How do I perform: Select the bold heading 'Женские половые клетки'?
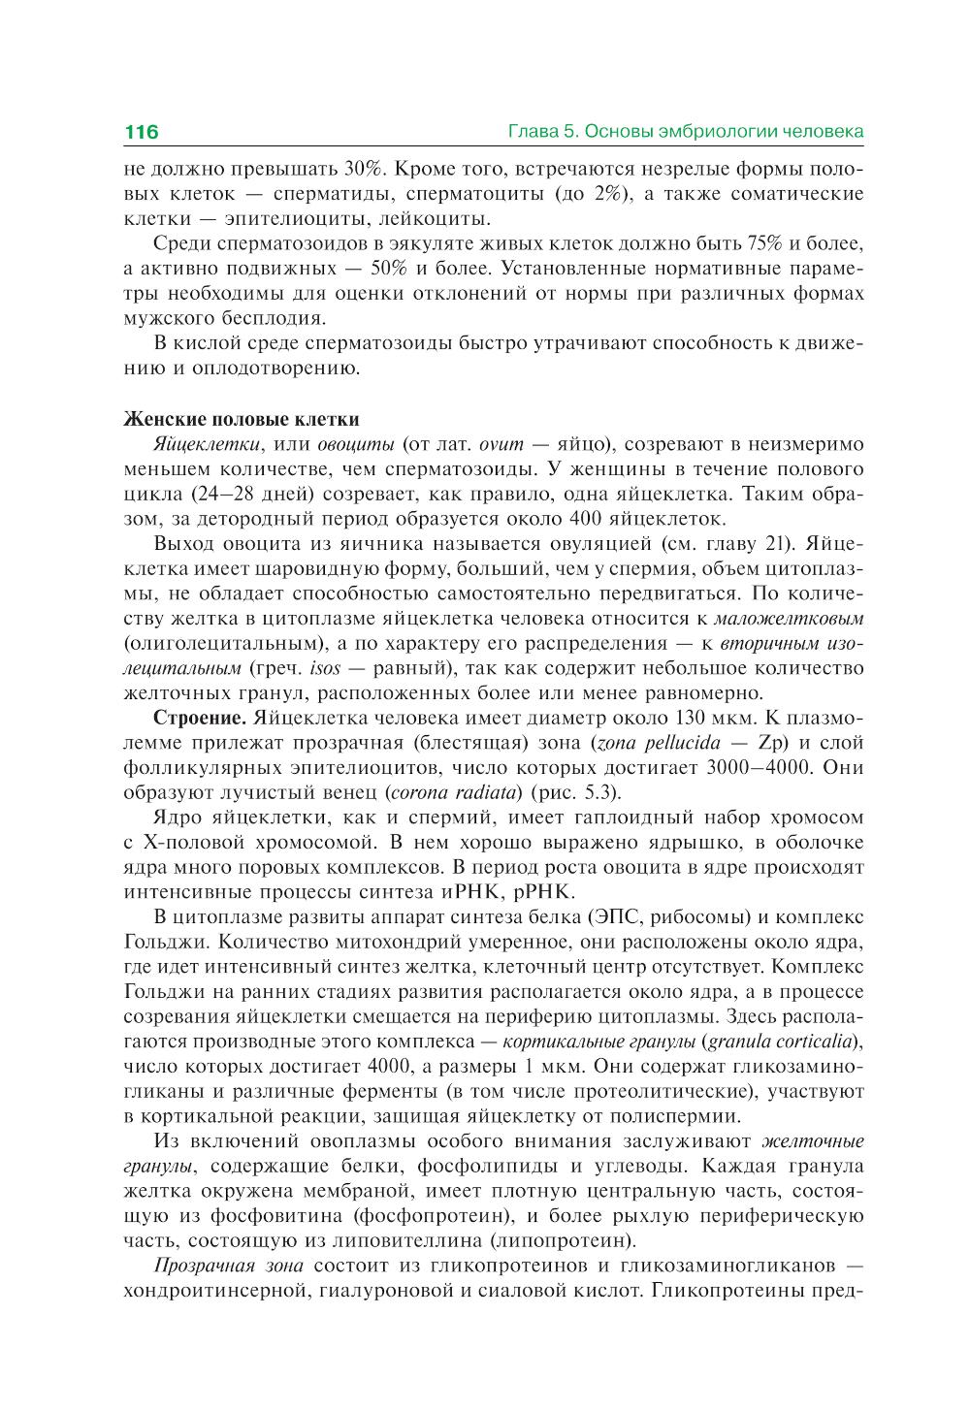point(242,419)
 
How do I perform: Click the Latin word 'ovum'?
point(501,444)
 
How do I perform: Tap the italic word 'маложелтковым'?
point(788,618)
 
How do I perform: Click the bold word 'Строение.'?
point(201,719)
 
